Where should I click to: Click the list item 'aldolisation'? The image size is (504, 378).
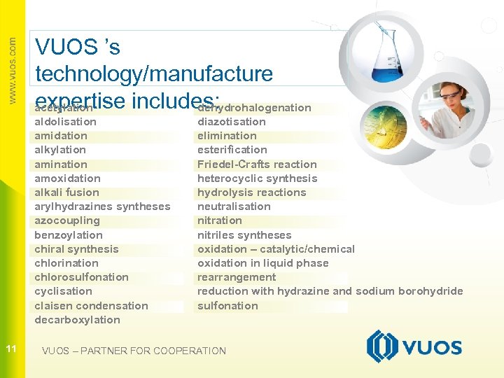point(66,122)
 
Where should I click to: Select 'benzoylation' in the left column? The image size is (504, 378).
point(69,235)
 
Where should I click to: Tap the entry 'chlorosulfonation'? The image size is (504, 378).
point(82,277)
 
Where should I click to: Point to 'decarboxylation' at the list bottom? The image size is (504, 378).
point(78,320)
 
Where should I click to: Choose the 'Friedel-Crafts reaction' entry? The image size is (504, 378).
point(257,164)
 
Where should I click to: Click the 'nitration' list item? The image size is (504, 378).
point(220,220)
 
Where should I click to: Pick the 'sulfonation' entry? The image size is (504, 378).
point(227,306)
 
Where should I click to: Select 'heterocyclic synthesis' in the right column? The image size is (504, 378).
point(258,178)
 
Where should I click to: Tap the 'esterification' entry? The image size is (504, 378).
point(232,150)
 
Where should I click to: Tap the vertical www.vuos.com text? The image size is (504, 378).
point(12,70)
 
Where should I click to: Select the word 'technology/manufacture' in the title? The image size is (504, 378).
point(154,73)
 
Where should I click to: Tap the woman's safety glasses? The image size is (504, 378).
point(449,95)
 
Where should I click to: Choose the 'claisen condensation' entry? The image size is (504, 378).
point(92,306)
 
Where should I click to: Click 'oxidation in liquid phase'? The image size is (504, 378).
point(263,263)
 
